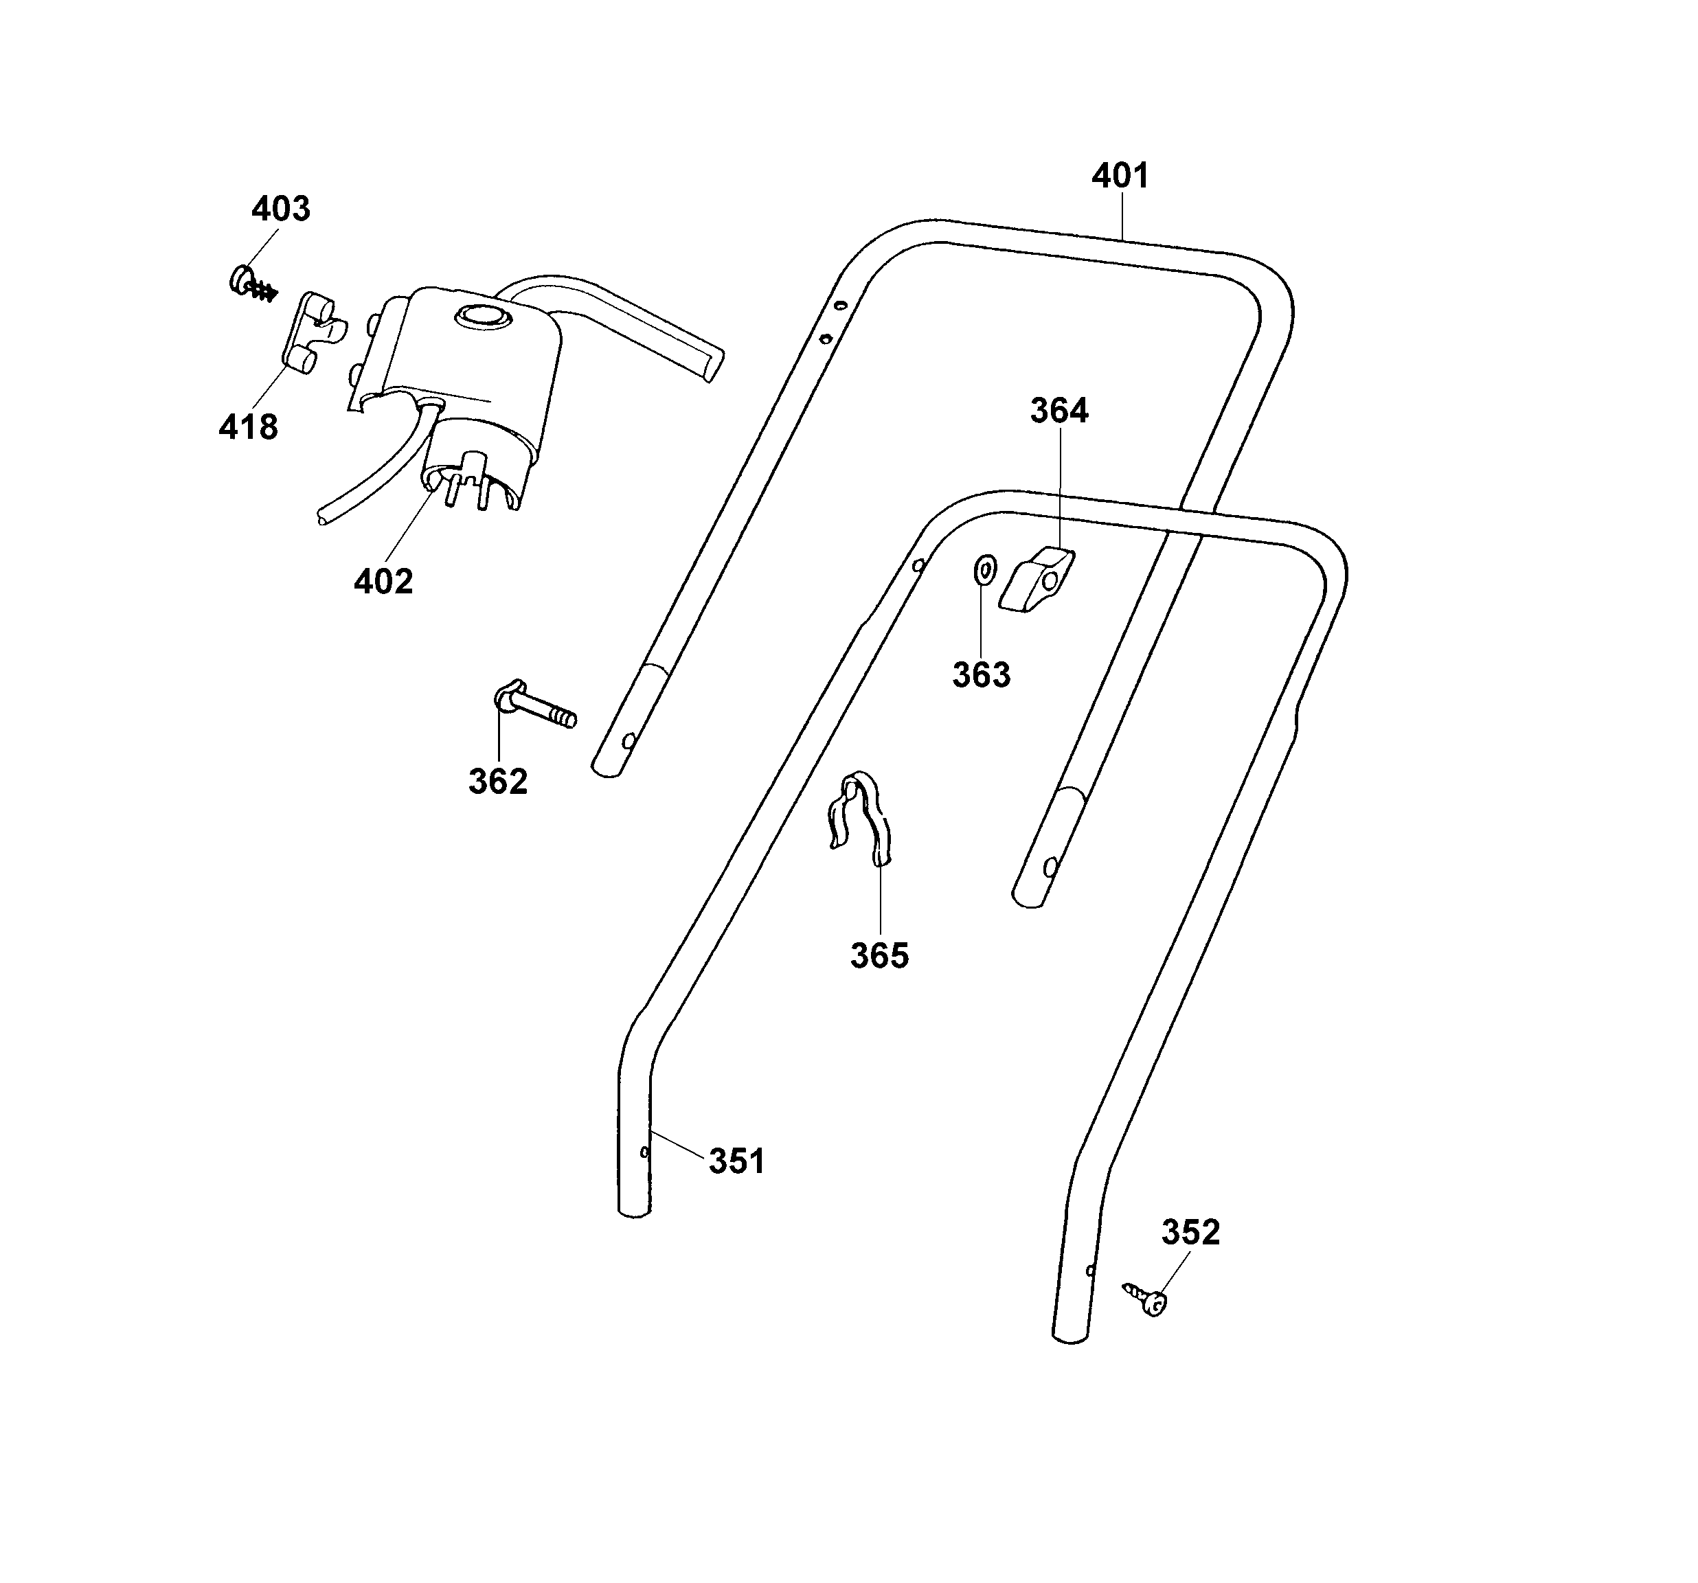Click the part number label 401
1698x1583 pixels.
click(x=1120, y=176)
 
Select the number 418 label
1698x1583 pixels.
click(x=248, y=427)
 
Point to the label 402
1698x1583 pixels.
click(x=383, y=582)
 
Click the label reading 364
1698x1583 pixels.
click(x=1059, y=411)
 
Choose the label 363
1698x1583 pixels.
click(x=982, y=675)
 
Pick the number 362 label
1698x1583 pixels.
click(x=498, y=782)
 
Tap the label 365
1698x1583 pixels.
click(x=879, y=956)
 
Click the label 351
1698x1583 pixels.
click(x=737, y=1161)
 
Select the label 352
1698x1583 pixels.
click(x=1190, y=1232)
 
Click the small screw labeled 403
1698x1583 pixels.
click(x=250, y=284)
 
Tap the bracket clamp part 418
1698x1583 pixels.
click(x=312, y=333)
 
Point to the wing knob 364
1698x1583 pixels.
click(x=1036, y=580)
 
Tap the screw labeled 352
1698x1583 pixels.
click(x=1146, y=1297)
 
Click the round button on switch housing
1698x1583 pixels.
click(x=484, y=317)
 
